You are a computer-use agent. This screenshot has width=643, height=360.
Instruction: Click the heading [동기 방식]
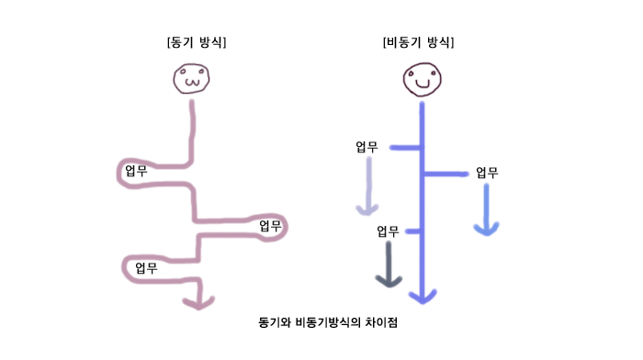tap(196, 42)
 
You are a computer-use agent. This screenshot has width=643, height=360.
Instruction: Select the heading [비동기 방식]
tap(418, 42)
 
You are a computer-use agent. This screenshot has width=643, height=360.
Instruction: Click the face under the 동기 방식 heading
tap(192, 79)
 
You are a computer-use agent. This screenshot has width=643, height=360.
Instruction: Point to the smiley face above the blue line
tap(422, 80)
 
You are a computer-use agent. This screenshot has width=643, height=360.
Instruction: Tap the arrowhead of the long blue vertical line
tap(422, 296)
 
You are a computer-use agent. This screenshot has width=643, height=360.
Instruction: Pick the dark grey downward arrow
tap(389, 266)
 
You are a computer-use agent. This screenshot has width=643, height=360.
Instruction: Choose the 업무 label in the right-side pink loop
tap(269, 226)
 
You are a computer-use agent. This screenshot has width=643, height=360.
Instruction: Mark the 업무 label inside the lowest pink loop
tap(145, 268)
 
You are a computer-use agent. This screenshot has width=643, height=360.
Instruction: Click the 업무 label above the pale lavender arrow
tap(367, 147)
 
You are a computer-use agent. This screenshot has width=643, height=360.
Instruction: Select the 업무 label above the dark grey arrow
tap(389, 231)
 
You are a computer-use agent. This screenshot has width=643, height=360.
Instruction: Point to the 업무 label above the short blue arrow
tap(486, 173)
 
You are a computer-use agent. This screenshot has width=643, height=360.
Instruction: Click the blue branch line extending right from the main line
tap(446, 174)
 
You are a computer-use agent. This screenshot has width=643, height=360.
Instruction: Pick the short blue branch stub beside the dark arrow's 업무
tap(412, 231)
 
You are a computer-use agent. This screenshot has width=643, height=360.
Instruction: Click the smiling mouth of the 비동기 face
tap(422, 85)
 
